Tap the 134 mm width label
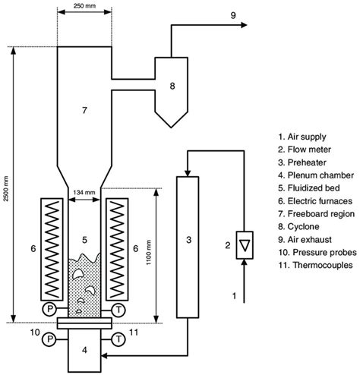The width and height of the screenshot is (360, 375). (x=86, y=194)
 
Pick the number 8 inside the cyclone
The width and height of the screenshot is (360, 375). (x=172, y=87)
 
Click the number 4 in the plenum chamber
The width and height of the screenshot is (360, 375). (x=86, y=351)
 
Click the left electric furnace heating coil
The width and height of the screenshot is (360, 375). (x=52, y=246)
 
